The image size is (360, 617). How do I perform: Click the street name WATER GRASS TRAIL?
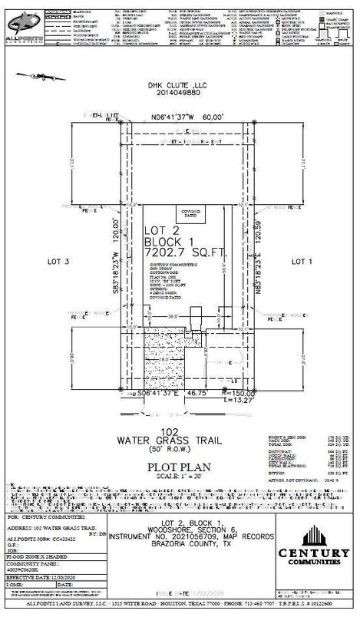point(180,440)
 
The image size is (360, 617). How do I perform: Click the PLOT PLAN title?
point(180,464)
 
